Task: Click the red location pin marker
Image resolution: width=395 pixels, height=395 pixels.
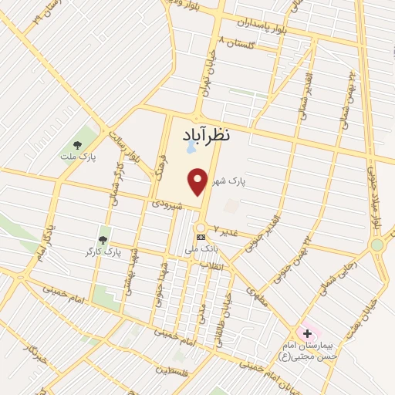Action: [x=200, y=182]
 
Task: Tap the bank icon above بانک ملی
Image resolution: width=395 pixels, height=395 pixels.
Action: [x=201, y=236]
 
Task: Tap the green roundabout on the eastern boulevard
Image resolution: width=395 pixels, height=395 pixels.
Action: [x=376, y=245]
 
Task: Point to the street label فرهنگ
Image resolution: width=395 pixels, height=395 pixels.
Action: [x=160, y=166]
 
